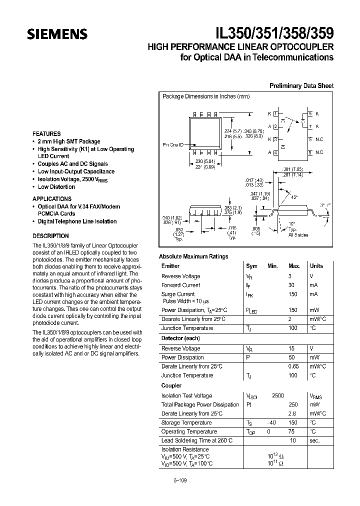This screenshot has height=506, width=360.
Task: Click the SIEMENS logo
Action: click(57, 34)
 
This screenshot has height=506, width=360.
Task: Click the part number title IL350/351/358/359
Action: click(274, 33)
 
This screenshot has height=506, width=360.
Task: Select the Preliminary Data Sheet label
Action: click(301, 85)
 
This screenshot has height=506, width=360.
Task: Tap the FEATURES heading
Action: click(46, 134)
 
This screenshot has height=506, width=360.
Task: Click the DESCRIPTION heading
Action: click(50, 236)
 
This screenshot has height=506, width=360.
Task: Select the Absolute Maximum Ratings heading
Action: click(193, 256)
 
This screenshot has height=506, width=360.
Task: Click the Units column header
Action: click(316, 266)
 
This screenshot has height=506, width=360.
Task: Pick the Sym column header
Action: click(251, 266)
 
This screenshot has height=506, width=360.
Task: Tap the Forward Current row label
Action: click(180, 285)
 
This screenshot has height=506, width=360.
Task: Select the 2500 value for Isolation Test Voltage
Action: click(277, 395)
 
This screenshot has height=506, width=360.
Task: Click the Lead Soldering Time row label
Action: click(197, 440)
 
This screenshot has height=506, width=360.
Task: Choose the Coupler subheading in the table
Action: click(171, 385)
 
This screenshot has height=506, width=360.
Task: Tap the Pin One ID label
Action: click(173, 145)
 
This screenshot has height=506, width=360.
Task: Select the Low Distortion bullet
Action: click(56, 187)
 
